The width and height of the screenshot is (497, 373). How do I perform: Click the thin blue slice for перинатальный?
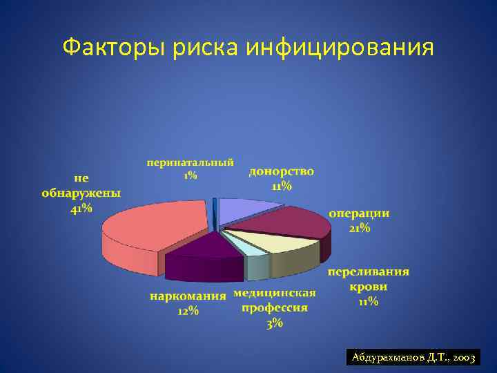tap(215, 211)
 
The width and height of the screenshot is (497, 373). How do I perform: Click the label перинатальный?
tap(190, 162)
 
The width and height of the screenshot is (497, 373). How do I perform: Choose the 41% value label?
tap(81, 209)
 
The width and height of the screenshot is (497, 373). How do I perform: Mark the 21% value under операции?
tap(358, 228)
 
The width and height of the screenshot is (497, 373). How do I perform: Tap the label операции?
tap(358, 213)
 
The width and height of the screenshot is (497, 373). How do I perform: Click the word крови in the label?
tap(367, 287)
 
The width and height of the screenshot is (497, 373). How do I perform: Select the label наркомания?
tap(188, 297)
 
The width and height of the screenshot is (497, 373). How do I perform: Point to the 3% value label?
tap(275, 324)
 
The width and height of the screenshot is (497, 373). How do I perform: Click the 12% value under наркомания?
tap(188, 312)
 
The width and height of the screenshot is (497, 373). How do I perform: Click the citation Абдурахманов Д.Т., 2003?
tap(412, 358)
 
